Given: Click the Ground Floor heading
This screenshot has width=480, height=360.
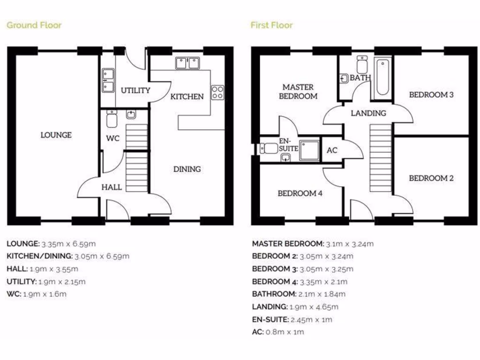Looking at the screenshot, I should tap(34, 25).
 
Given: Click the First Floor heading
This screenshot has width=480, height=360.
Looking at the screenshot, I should tap(271, 25).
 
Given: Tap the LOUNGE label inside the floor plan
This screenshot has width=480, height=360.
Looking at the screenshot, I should tap(56, 135).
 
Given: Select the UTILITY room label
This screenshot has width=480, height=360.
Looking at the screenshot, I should tap(135, 90).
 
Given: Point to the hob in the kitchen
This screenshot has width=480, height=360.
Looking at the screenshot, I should tap(217, 92).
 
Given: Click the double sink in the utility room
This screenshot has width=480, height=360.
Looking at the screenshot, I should tap(108, 80).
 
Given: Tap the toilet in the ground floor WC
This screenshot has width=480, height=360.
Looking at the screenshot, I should tap(112, 120).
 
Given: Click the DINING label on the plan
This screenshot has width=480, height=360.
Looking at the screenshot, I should tap(187, 169).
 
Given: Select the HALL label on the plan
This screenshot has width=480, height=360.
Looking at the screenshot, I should tap(112, 187).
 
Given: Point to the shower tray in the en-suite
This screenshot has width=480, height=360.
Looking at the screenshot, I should tap(309, 149).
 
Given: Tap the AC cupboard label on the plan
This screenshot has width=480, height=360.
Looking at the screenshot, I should tap(332, 150).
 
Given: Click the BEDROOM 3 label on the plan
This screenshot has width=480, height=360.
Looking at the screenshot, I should tap(431, 95).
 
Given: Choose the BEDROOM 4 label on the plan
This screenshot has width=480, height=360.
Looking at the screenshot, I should tap(300, 193).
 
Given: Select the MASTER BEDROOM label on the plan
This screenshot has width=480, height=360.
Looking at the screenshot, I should tap(298, 91).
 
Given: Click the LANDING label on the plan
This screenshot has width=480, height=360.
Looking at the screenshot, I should tap(368, 113).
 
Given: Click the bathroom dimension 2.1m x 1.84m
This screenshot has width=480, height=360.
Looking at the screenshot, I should tap(322, 294).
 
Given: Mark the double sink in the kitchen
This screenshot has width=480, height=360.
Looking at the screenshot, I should tap(188, 63).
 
